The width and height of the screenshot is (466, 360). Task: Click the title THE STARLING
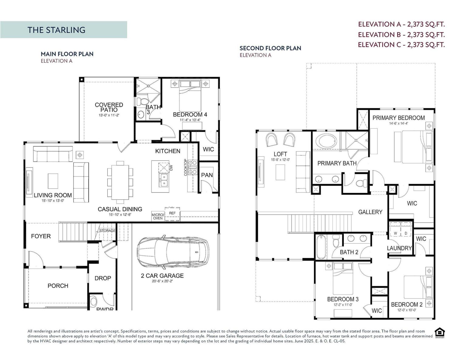coord(56,30)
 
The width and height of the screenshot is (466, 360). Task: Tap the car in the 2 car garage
coord(173,251)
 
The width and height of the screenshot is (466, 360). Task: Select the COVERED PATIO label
coord(109,107)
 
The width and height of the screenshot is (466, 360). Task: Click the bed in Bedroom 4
coord(190,97)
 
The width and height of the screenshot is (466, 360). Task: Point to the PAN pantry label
coord(207,175)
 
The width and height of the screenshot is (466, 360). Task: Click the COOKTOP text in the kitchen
coord(186,167)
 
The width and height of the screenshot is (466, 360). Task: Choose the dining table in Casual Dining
coord(120,182)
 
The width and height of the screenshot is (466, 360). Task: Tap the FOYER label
coord(41,236)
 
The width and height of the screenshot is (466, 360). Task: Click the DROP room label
coord(103,278)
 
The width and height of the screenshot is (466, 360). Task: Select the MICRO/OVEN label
coord(157,216)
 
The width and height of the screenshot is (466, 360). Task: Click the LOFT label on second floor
coord(280,154)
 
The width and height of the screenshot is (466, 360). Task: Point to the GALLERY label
coord(370,212)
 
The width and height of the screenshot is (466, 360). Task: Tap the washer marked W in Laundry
coord(395,233)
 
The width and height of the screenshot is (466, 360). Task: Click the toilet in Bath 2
coord(336,242)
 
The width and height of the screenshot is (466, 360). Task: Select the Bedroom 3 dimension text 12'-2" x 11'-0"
coord(343,305)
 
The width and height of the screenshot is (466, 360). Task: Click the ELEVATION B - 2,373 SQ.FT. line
coord(401,35)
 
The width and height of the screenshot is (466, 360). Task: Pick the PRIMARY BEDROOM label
coord(398,118)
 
